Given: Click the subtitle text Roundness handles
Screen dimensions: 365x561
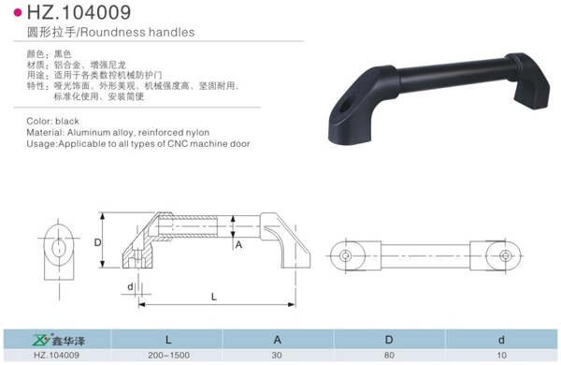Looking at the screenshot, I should (x=140, y=32).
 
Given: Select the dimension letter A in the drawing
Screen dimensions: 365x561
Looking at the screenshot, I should (x=238, y=244).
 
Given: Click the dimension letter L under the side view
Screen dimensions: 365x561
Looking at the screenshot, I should (x=214, y=297).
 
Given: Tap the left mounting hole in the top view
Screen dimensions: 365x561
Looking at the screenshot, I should (x=346, y=255).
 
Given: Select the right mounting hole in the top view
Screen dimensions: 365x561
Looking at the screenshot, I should (x=506, y=255).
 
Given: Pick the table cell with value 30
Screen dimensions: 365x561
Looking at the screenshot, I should (x=277, y=355).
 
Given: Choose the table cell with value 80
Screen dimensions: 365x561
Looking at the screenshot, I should (x=390, y=355).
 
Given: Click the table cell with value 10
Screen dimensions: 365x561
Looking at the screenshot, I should (x=501, y=355).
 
